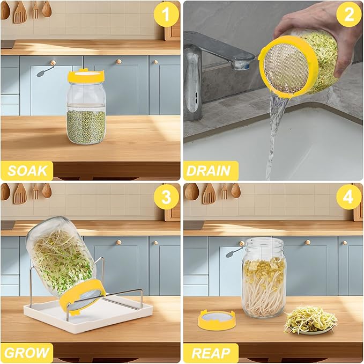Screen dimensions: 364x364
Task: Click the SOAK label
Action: pyautogui.click(x=27, y=171)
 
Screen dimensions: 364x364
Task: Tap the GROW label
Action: pyautogui.click(x=27, y=353)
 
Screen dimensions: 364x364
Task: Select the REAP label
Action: pyautogui.click(x=209, y=353)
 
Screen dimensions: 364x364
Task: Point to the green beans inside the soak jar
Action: pyautogui.click(x=86, y=126)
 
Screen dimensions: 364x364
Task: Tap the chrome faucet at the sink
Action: pyautogui.click(x=214, y=54)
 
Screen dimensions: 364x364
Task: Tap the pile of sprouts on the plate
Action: pyautogui.click(x=310, y=320)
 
